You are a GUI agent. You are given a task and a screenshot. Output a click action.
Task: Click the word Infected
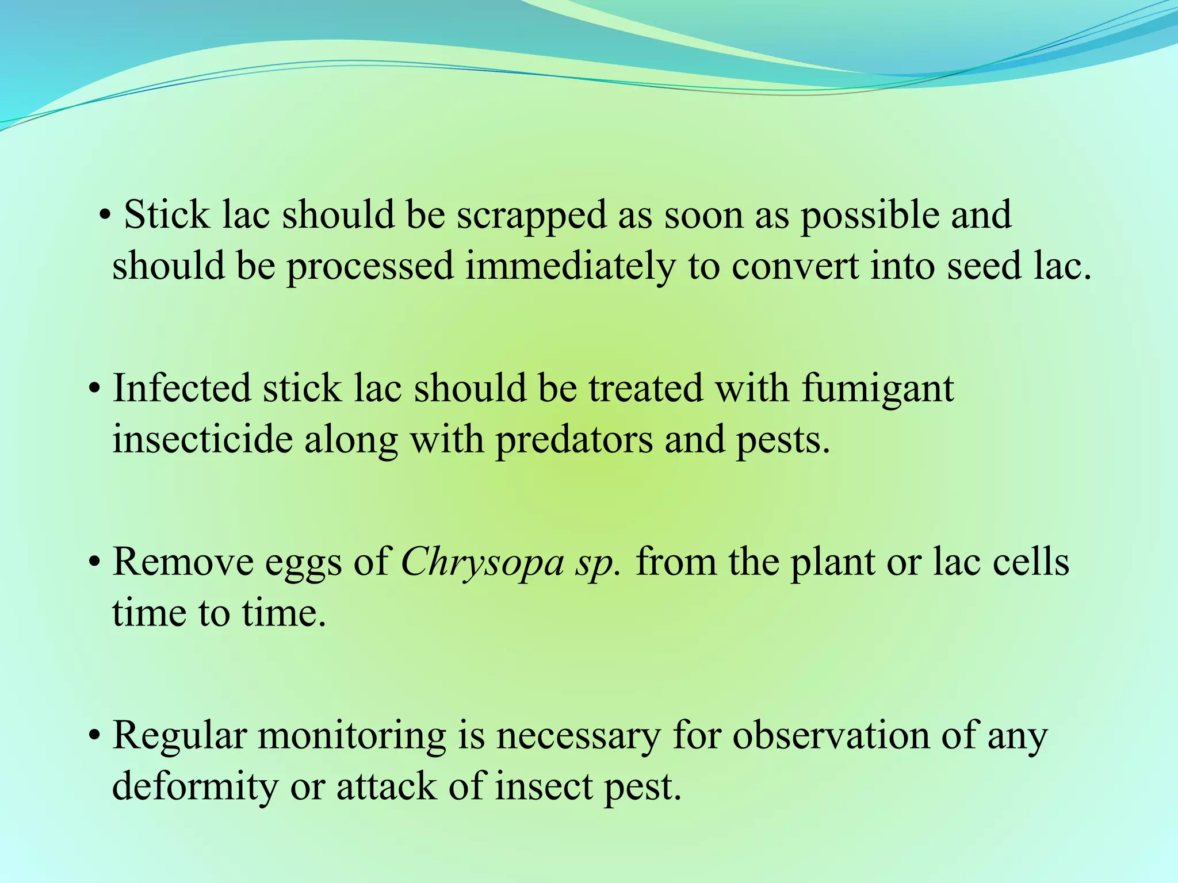click(182, 388)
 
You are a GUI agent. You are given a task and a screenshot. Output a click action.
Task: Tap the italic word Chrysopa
click(482, 563)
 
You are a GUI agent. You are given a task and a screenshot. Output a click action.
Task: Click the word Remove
click(183, 562)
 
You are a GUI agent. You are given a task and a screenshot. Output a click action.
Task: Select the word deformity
click(194, 788)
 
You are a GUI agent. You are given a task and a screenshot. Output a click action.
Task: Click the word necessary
click(578, 736)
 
